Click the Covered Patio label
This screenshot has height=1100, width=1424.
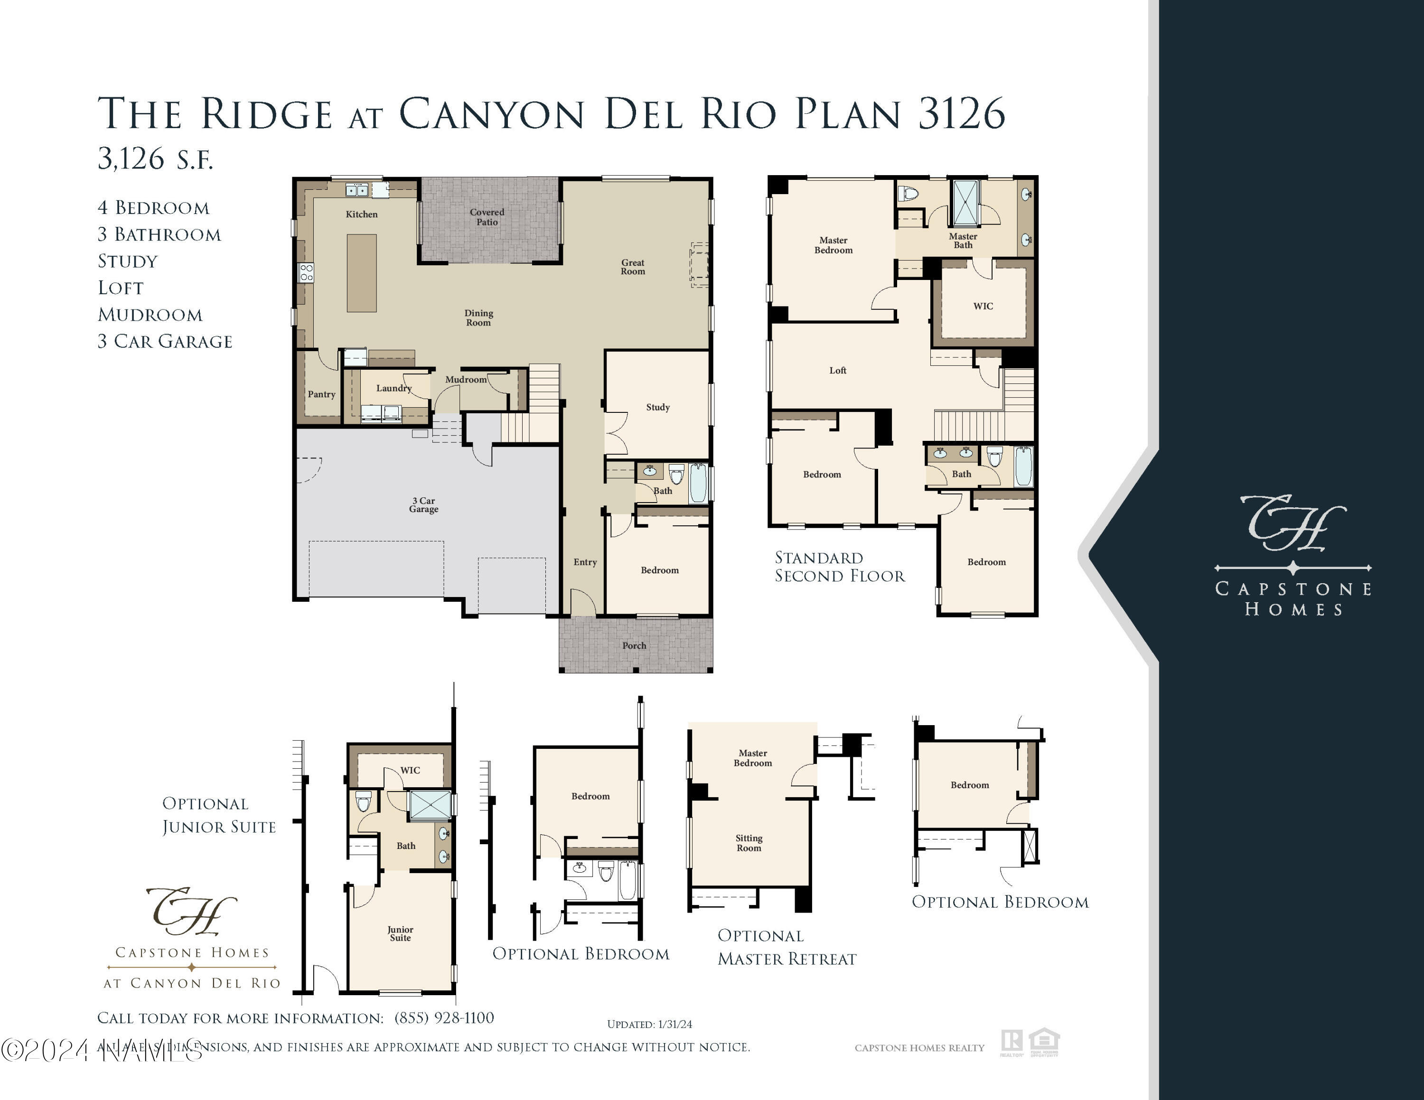[x=487, y=217]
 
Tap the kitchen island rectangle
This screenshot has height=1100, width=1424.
[x=362, y=273]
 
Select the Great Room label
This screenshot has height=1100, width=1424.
[x=632, y=267]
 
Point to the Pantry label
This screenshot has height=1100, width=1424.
[x=321, y=394]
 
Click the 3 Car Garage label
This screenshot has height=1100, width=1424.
[x=424, y=505]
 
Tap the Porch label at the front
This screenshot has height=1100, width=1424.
[x=634, y=646]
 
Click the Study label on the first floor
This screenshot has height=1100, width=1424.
[x=658, y=407]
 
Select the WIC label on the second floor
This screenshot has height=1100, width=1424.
[x=983, y=306]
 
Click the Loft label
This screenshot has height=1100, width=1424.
[x=838, y=371]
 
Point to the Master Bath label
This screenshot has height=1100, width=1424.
[x=963, y=241]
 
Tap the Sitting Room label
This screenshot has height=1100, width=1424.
[x=749, y=843]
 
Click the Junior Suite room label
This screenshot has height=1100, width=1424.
[x=400, y=934]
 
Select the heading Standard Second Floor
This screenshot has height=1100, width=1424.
[x=839, y=567]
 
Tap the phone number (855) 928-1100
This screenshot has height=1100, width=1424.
[x=444, y=1018]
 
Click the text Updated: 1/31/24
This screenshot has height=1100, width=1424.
[x=649, y=1025]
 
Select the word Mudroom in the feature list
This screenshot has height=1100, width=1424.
[x=150, y=315]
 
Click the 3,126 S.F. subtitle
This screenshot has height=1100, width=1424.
[x=155, y=158]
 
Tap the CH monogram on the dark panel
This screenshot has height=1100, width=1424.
[x=1293, y=522]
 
